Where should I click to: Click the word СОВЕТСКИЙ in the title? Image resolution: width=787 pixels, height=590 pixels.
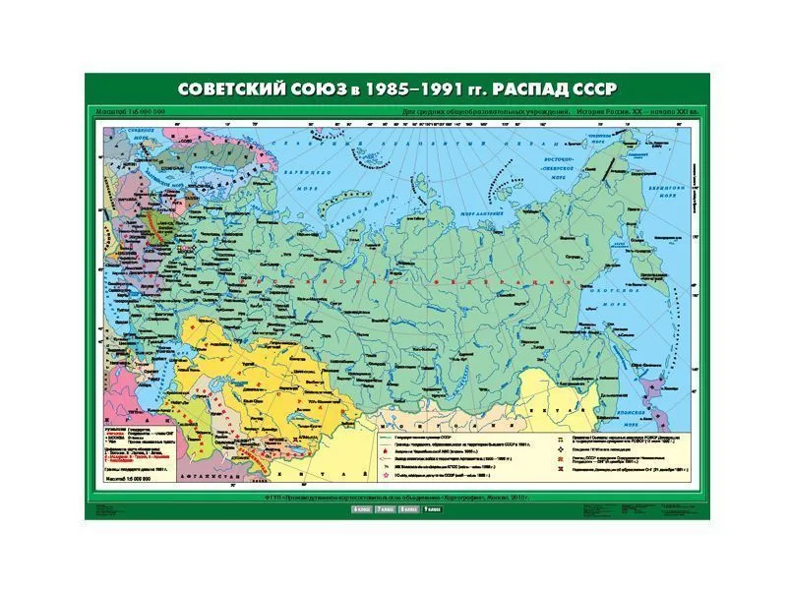click(233, 88)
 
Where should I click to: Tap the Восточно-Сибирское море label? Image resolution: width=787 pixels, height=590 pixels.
click(586, 161)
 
